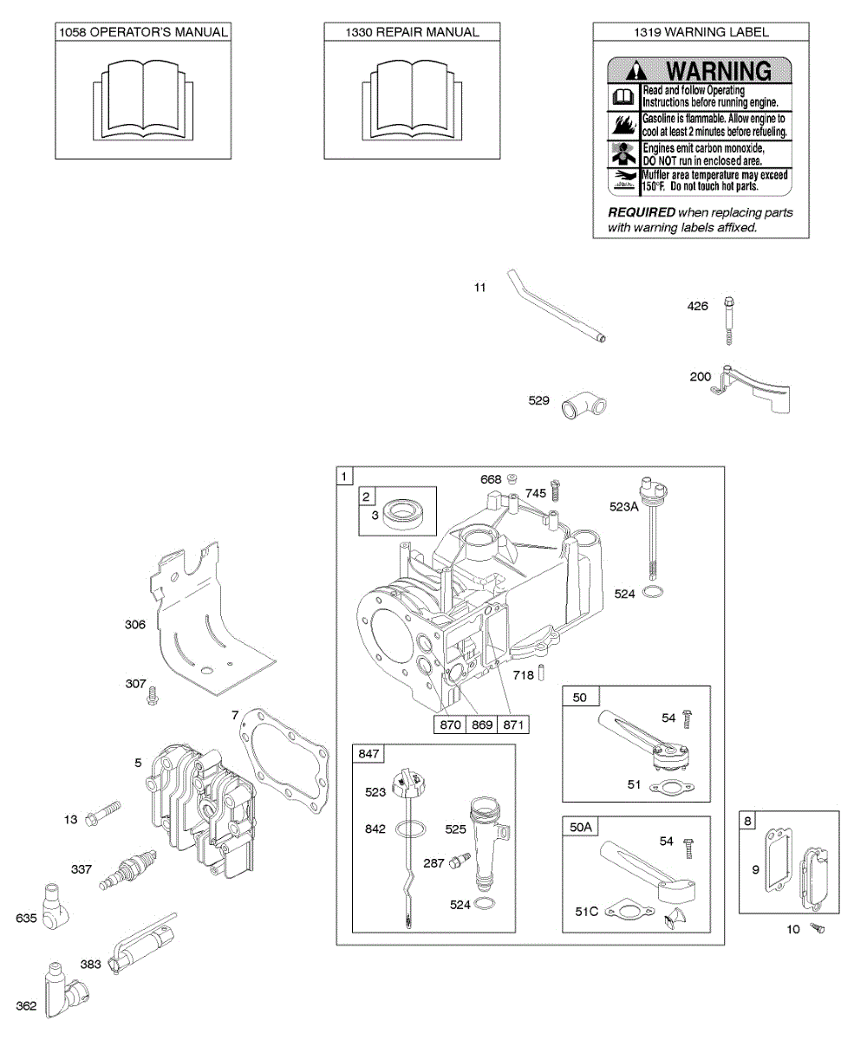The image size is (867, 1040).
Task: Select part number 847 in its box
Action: (x=369, y=755)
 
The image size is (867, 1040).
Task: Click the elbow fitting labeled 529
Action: (x=584, y=403)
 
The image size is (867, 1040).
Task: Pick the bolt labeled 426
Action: (x=728, y=320)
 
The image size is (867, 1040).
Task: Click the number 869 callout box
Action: (x=482, y=725)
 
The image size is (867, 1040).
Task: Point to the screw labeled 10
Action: (x=817, y=929)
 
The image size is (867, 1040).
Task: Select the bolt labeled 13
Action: (x=103, y=816)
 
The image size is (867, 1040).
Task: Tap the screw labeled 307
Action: (x=153, y=693)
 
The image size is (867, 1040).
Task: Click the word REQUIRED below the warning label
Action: (x=642, y=212)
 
